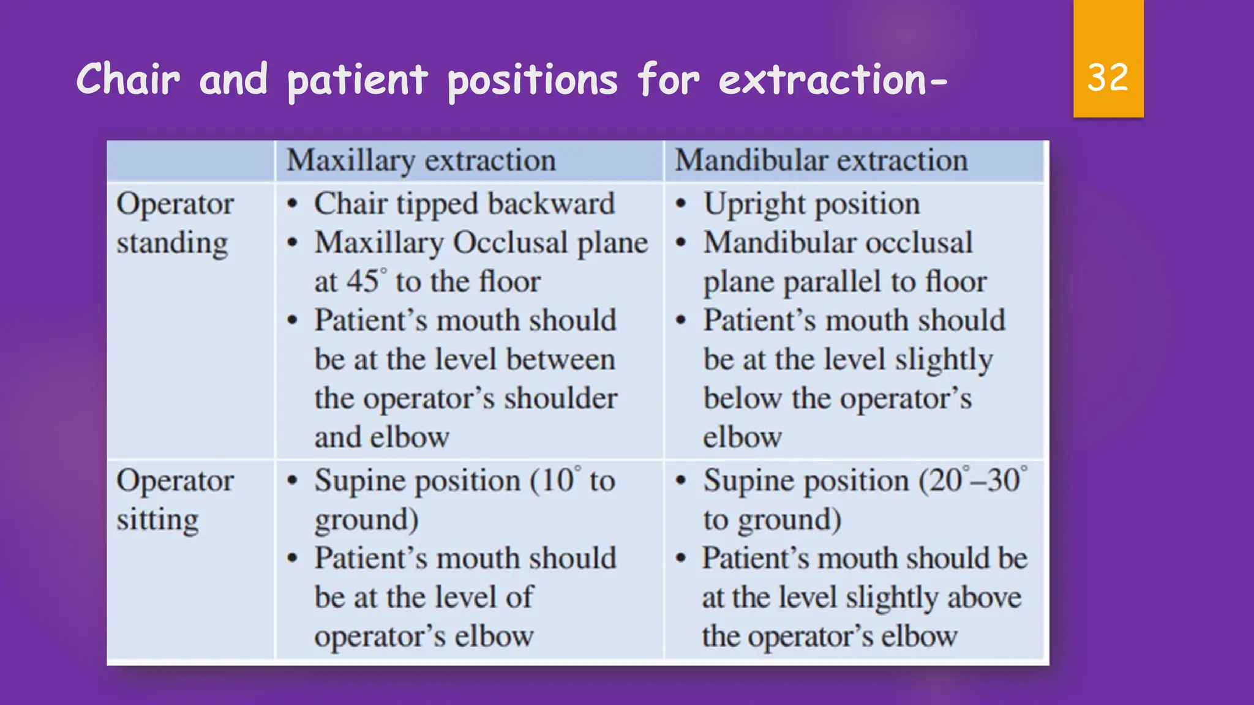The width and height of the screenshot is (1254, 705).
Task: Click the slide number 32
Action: (1108, 78)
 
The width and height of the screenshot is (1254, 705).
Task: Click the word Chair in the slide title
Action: (128, 80)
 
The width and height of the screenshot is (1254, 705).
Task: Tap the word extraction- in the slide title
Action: (833, 80)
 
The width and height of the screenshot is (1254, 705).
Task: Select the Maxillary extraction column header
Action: (421, 161)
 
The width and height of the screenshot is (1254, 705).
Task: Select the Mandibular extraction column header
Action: (821, 161)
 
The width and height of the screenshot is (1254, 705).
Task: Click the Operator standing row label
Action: (175, 223)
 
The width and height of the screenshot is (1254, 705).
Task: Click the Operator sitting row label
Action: (175, 500)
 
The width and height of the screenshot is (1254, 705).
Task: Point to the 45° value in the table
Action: (366, 282)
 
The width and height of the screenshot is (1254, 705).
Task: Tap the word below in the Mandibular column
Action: (742, 398)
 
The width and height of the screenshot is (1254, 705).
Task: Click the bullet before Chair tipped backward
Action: (293, 204)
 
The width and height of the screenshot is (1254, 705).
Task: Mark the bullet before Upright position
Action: (681, 204)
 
